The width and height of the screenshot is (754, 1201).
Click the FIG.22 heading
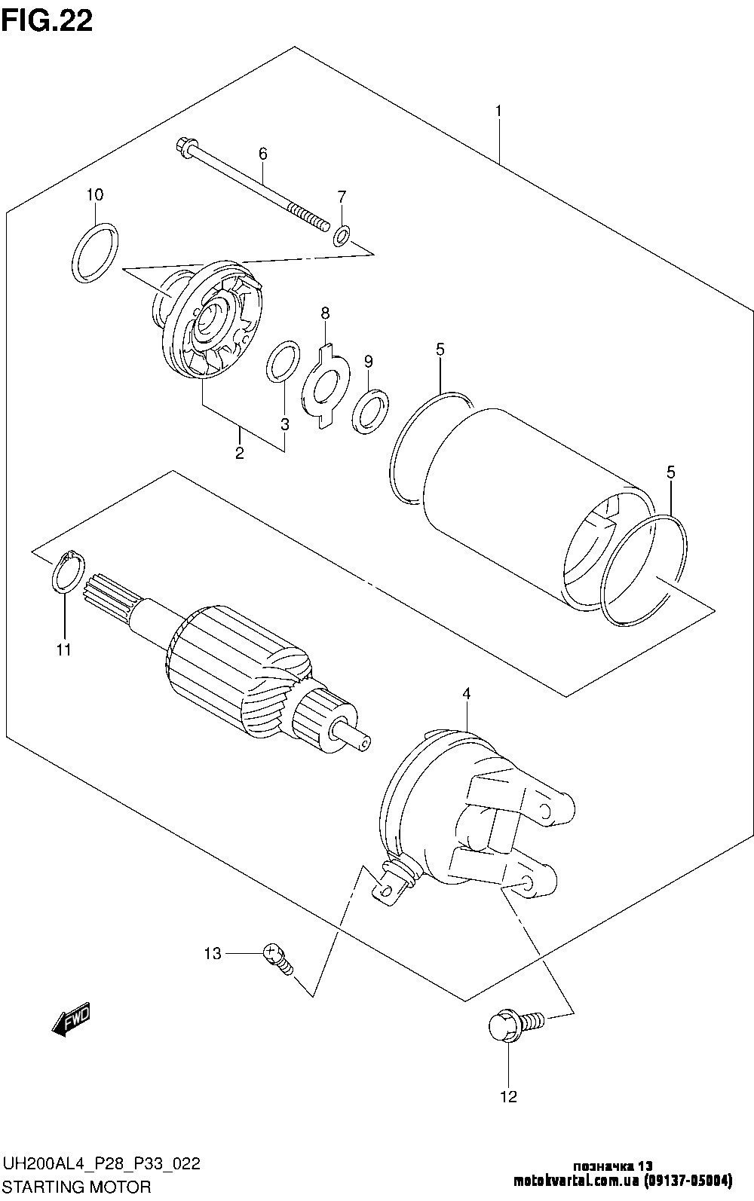click(x=47, y=20)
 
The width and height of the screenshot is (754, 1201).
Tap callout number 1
click(x=498, y=112)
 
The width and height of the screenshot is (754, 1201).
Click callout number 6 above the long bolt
click(x=262, y=154)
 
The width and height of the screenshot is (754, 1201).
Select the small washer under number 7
click(x=341, y=237)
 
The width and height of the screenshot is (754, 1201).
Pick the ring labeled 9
click(x=370, y=412)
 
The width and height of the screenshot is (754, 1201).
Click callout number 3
click(x=284, y=425)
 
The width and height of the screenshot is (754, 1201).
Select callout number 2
click(x=239, y=453)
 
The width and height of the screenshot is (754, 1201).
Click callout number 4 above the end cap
click(x=467, y=693)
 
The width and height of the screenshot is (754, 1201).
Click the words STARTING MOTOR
click(x=77, y=1186)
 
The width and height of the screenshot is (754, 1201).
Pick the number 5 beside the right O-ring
click(x=670, y=472)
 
